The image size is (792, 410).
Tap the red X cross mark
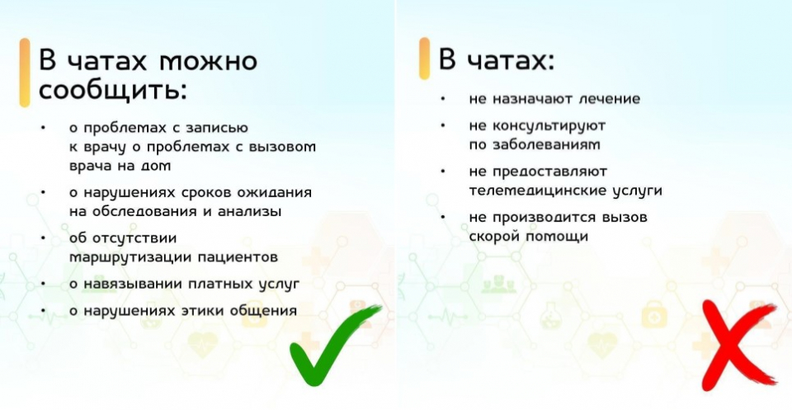click(x=738, y=346)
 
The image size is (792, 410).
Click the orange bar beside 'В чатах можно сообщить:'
click(x=25, y=73)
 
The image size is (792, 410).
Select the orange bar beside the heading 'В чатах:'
click(x=424, y=59)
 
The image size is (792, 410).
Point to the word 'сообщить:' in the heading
click(x=113, y=91)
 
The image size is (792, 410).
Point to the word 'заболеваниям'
click(x=546, y=145)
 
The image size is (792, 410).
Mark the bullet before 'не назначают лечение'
click(x=443, y=99)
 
